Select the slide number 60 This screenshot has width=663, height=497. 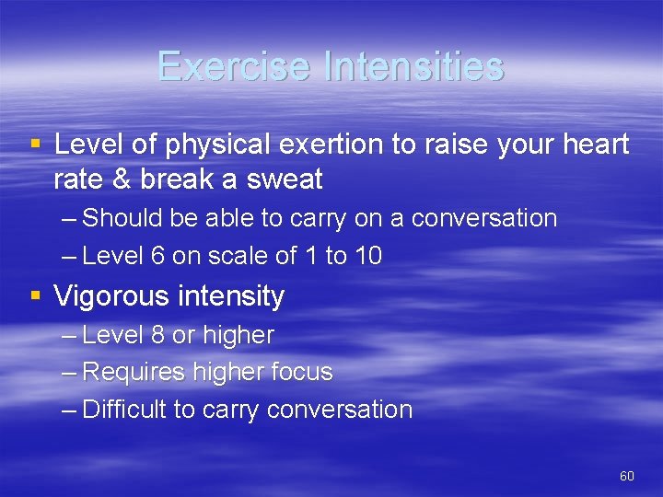pos(627,476)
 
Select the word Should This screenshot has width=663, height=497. pos(123,219)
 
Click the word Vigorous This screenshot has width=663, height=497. pos(110,296)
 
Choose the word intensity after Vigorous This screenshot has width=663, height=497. pos(230,296)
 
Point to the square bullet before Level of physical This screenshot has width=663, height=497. pos(36,144)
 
